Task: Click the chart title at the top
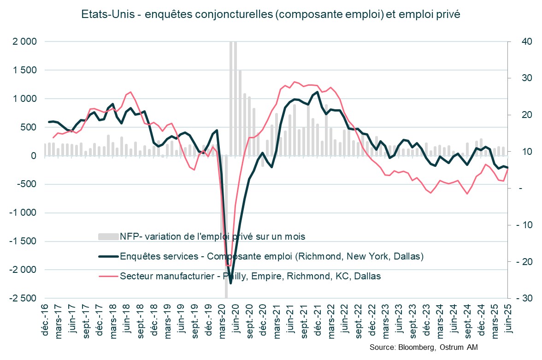point(271,14)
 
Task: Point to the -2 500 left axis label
point(21,298)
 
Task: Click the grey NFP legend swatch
point(107,236)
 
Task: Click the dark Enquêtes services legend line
point(107,256)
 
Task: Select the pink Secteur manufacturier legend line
point(107,276)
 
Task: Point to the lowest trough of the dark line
point(230,283)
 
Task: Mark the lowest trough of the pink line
point(228,266)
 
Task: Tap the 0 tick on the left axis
point(33,156)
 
